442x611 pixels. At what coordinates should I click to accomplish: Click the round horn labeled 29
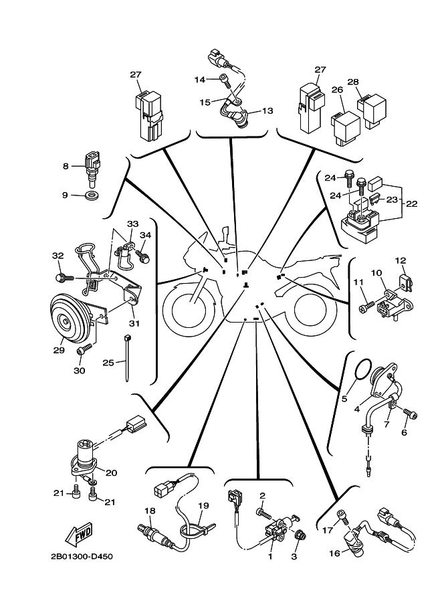pos(68,322)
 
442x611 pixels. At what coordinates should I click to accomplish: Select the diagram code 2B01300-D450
pos(82,556)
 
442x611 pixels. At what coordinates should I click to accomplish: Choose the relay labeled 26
pos(346,122)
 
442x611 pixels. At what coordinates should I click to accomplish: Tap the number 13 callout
pos(267,110)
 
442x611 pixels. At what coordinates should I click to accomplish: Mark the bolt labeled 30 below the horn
pos(84,349)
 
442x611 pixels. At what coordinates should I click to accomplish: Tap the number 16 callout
pos(334,553)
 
